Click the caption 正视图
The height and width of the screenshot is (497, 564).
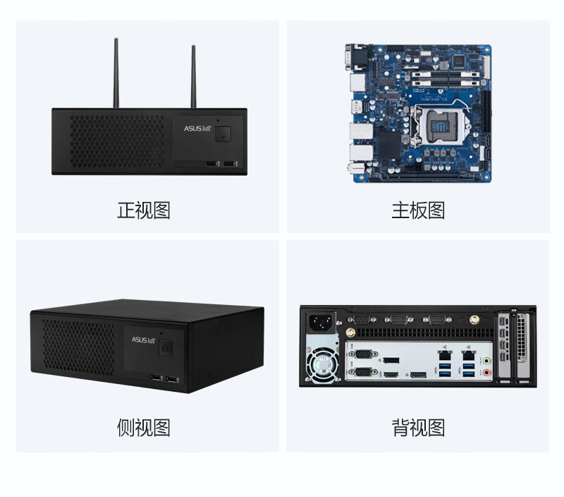pyautogui.click(x=144, y=210)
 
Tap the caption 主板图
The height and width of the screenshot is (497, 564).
pyautogui.click(x=418, y=210)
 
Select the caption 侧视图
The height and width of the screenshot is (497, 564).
pyautogui.click(x=144, y=428)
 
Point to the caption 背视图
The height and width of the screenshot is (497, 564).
pyautogui.click(x=418, y=428)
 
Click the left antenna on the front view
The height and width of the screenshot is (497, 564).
pyautogui.click(x=116, y=74)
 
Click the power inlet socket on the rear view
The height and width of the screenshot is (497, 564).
pyautogui.click(x=322, y=323)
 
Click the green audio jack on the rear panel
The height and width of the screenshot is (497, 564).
pyautogui.click(x=486, y=359)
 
